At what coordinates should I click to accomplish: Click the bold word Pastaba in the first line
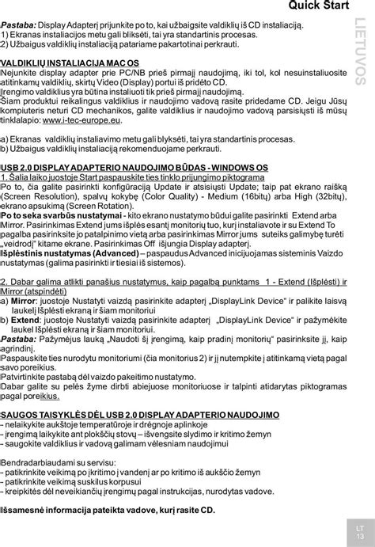click(19, 26)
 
